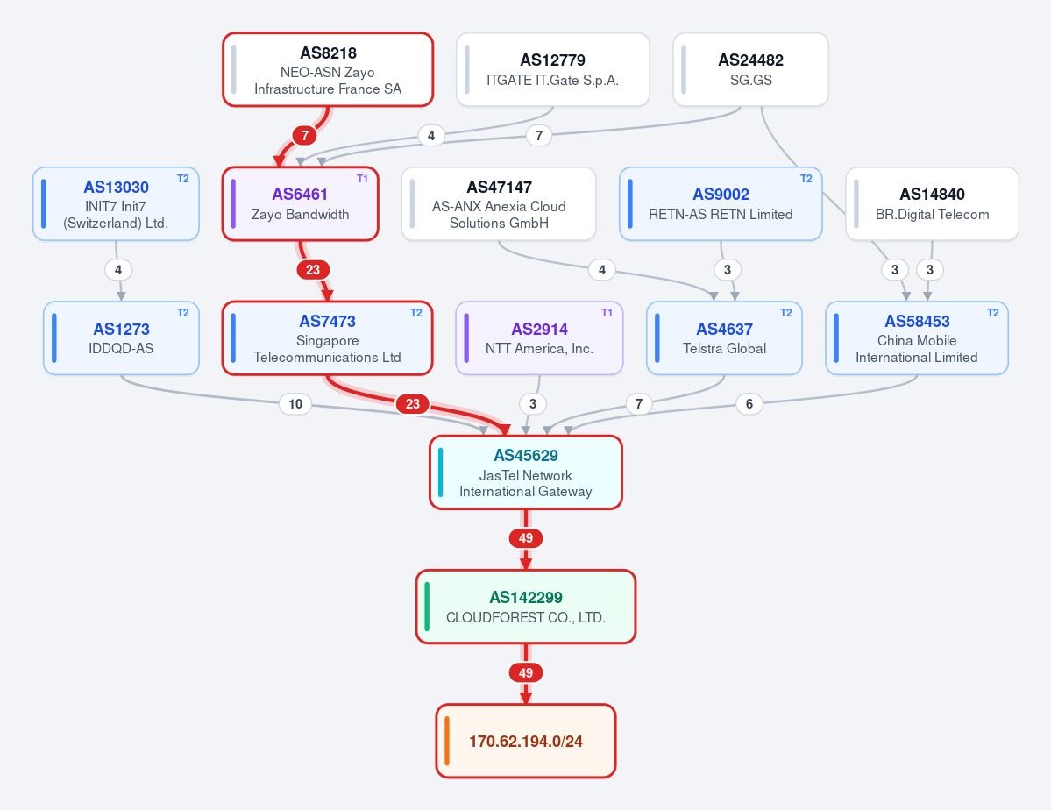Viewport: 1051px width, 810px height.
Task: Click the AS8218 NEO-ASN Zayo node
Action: (x=328, y=70)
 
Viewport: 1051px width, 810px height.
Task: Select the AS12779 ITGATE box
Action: (x=553, y=70)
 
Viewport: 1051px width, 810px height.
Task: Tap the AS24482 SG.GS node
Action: (x=750, y=70)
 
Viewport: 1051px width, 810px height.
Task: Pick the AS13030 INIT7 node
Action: (x=116, y=204)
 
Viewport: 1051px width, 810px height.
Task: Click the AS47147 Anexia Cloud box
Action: (x=499, y=204)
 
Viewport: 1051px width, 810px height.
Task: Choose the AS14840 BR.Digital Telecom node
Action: (x=933, y=204)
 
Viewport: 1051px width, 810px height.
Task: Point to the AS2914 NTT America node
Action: (x=540, y=338)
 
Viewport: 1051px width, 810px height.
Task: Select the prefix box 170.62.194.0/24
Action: (x=526, y=741)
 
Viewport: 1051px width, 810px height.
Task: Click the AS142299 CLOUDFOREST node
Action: (x=526, y=607)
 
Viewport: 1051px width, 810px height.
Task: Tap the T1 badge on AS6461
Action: (x=362, y=179)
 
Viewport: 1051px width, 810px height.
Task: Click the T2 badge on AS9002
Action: (x=806, y=179)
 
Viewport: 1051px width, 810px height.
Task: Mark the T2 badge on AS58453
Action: (x=992, y=313)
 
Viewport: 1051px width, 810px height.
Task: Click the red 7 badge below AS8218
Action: (x=305, y=136)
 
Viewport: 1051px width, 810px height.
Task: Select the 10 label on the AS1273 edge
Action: (x=295, y=403)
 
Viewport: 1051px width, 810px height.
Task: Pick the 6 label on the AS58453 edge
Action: (x=749, y=403)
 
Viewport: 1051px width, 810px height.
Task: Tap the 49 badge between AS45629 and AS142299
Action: (x=526, y=537)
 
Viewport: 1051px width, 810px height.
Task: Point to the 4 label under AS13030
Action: (x=118, y=269)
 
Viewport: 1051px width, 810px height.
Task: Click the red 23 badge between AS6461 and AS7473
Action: (x=313, y=269)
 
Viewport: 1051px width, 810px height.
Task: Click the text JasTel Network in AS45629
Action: (x=526, y=475)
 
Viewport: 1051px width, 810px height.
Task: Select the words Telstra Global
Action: (x=725, y=349)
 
